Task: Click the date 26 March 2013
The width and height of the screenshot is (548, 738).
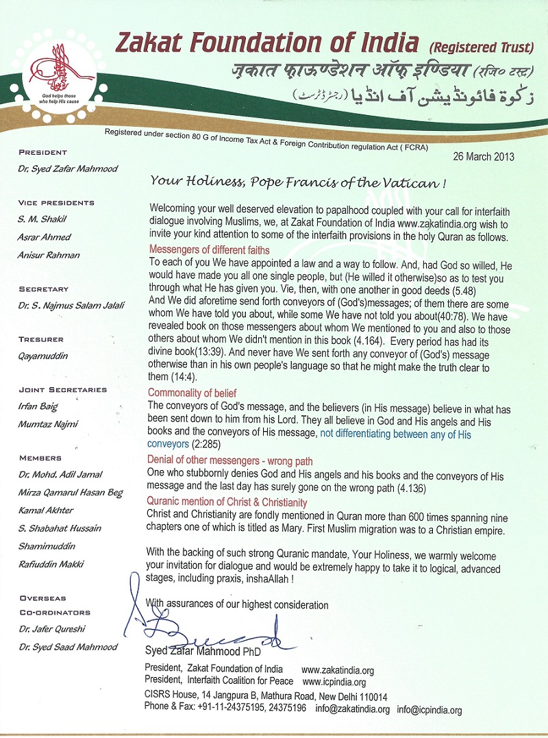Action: pos(484,157)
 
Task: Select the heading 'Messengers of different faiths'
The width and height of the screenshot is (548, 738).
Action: pos(209,250)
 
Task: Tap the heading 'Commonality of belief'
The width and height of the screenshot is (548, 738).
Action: pos(192,393)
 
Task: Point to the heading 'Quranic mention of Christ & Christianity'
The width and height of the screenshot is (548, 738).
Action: pos(227,502)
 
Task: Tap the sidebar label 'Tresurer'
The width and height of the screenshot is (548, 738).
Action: pos(41,339)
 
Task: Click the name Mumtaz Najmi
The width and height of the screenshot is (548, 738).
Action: pos(47,424)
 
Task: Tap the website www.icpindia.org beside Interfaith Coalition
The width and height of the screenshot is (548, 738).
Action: pos(334,682)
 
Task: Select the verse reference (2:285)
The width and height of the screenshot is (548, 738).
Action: pos(202,444)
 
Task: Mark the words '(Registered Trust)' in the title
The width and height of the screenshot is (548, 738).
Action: pos(482,47)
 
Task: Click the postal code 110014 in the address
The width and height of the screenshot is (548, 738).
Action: pos(371,696)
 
